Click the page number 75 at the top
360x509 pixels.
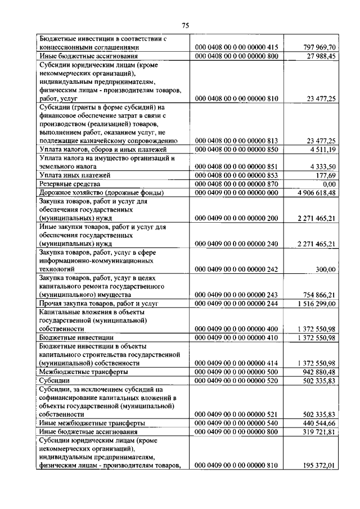(x=185, y=25)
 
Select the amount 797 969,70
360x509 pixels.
(x=318, y=48)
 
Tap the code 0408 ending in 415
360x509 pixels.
(x=236, y=48)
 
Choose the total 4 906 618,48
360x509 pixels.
(x=314, y=192)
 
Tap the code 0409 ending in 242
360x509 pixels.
(x=236, y=269)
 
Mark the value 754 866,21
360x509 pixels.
(x=318, y=295)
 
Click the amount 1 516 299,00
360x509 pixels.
(x=315, y=303)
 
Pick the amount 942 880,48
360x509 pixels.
(x=318, y=372)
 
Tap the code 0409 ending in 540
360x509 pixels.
(x=236, y=422)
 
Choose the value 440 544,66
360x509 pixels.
(x=318, y=422)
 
